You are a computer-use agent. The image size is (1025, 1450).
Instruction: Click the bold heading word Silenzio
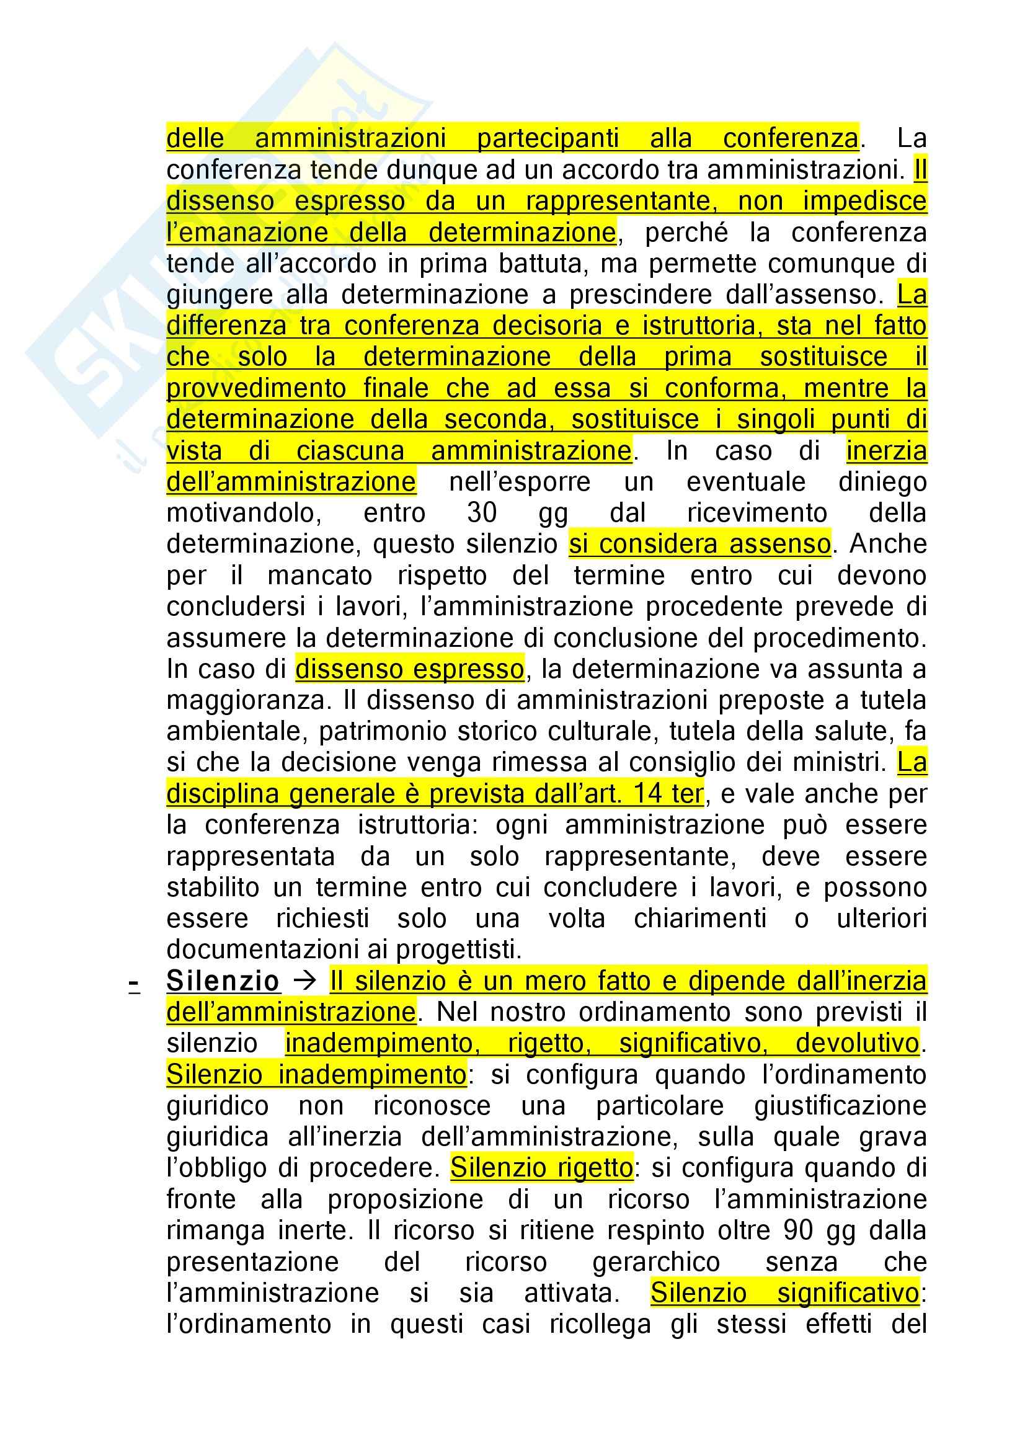tap(223, 981)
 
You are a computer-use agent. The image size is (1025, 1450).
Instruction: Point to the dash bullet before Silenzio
tap(134, 983)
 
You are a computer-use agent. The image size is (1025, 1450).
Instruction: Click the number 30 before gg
tap(482, 513)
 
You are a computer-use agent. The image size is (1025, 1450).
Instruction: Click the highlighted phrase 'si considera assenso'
tap(699, 545)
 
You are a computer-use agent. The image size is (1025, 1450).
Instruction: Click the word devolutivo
tap(856, 1043)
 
